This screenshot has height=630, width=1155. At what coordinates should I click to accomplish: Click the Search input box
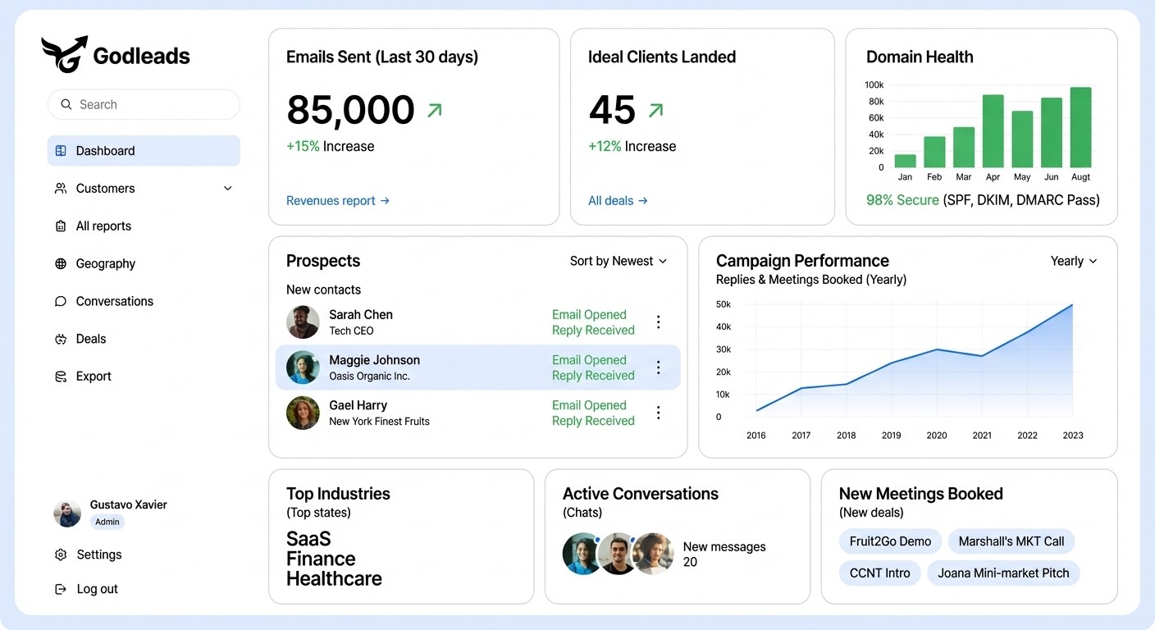(x=144, y=105)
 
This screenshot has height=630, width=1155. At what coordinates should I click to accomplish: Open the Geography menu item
(x=105, y=264)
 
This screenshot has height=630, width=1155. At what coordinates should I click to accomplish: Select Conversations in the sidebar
(x=114, y=302)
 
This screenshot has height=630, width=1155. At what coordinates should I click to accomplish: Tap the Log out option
(x=97, y=589)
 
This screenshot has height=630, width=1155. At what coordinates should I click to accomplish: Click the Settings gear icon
(x=61, y=555)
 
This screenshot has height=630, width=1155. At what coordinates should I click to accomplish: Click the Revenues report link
(x=337, y=201)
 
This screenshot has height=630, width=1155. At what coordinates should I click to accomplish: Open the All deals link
(x=618, y=201)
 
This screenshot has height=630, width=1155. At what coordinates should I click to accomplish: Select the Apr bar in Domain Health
(x=993, y=131)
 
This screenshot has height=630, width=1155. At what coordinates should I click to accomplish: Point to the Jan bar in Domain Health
(x=905, y=161)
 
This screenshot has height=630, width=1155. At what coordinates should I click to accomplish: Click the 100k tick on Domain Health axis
(x=874, y=85)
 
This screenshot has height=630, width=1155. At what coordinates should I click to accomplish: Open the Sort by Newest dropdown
(x=619, y=262)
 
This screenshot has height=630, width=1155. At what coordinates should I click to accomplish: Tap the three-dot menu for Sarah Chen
(x=658, y=322)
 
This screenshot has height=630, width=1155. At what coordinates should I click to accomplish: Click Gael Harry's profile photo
(x=303, y=413)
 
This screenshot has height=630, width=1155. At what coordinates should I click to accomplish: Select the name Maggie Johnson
(x=374, y=360)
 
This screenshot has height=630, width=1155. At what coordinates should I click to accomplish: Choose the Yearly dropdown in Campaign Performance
(x=1073, y=262)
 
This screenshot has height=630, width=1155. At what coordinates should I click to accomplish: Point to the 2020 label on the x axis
(x=936, y=436)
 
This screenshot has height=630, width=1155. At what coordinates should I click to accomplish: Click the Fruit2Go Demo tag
(x=890, y=541)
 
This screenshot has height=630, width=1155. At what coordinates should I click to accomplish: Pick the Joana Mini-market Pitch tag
(x=1003, y=573)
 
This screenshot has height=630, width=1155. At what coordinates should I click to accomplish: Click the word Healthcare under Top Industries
(x=334, y=579)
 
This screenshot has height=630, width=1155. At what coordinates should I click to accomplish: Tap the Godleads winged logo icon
(x=64, y=54)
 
